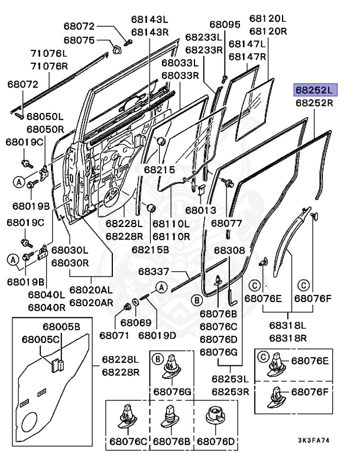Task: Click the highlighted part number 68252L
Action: point(315,90)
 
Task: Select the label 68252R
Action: point(314,103)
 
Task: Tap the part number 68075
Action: point(79,40)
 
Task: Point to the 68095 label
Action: point(225,25)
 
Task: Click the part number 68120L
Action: point(268,18)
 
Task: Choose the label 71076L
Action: point(49,53)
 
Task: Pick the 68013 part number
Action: point(201,210)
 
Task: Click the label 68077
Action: point(226,223)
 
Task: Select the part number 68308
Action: point(229,250)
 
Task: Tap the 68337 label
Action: point(154,271)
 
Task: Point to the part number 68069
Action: point(136,323)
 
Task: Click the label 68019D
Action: point(157,335)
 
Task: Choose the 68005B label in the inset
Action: point(61,326)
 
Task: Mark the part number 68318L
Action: point(288,325)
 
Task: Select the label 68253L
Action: point(231,379)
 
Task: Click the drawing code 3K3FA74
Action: point(314,440)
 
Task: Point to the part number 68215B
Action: point(150,249)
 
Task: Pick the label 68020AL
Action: point(91,290)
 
